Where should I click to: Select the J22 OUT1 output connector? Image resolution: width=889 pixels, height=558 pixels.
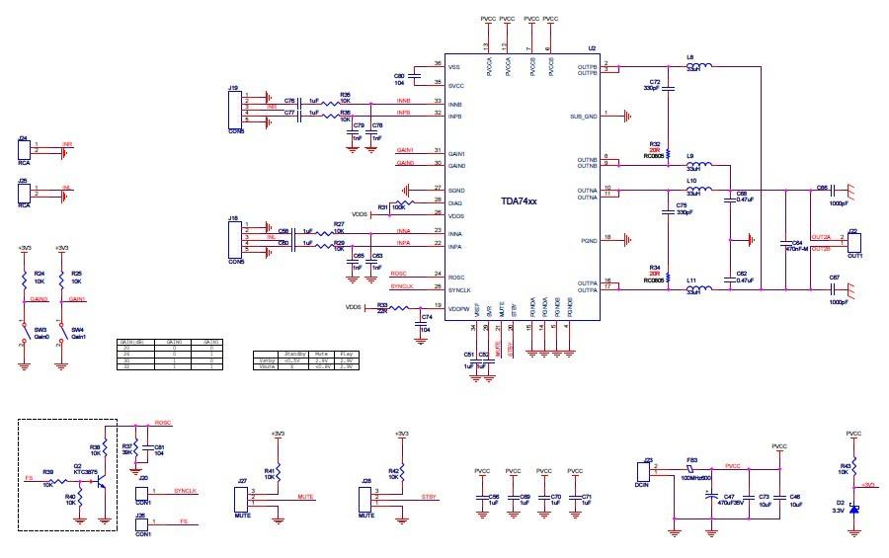(855, 242)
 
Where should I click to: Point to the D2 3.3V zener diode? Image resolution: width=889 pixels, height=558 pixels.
(854, 508)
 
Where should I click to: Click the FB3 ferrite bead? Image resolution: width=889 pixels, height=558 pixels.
(694, 468)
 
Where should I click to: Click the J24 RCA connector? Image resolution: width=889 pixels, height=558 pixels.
(25, 150)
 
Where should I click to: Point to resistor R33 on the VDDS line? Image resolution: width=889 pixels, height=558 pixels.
(396, 308)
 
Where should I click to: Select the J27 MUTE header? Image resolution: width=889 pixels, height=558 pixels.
(242, 496)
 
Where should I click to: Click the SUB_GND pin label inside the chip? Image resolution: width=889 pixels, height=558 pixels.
(584, 117)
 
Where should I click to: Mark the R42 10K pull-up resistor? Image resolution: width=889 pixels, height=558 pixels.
(400, 473)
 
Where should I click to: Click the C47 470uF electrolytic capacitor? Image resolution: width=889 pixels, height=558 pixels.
(713, 497)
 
